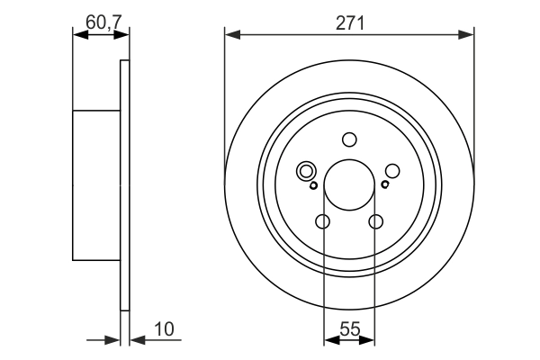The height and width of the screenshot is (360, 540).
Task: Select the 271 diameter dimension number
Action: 349,22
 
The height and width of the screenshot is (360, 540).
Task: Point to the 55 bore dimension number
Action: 349,328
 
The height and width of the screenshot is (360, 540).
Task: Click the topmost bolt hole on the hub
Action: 349,139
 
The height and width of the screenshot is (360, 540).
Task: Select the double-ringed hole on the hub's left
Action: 305,170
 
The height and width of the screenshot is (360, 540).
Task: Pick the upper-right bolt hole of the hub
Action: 392,170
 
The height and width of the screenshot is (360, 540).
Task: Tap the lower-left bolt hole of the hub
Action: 323,222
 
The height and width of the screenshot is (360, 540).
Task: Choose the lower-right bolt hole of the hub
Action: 376,222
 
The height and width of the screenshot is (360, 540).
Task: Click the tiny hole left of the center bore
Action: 313,186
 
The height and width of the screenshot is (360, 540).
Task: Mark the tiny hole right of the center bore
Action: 384,185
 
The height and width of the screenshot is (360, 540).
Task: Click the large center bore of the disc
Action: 349,185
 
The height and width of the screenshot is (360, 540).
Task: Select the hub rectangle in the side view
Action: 95,185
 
